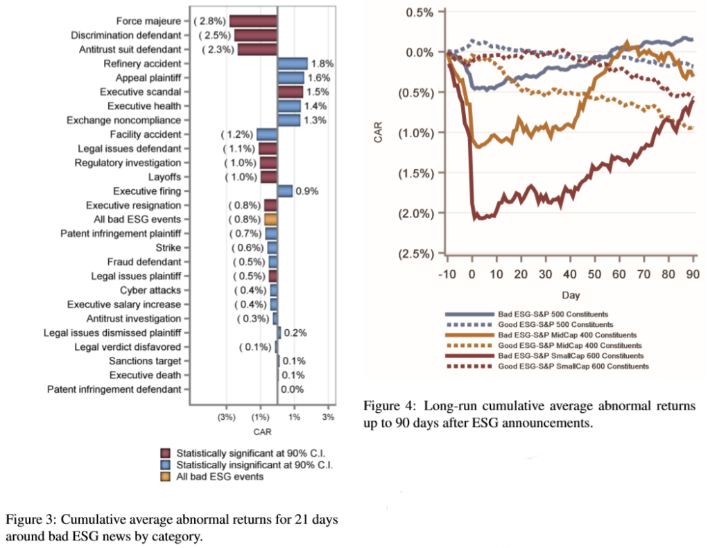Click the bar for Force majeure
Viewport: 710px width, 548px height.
click(x=253, y=21)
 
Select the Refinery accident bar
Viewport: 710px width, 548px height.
click(x=292, y=64)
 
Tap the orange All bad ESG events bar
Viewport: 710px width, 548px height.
click(x=271, y=220)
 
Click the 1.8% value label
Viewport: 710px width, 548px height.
click(x=322, y=64)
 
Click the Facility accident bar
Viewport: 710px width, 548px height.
click(x=267, y=134)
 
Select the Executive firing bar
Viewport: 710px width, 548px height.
click(x=285, y=191)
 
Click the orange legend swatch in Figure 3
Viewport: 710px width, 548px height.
click(x=166, y=477)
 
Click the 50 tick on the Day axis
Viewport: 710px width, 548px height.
click(x=595, y=273)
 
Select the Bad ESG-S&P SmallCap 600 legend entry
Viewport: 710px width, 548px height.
click(x=575, y=355)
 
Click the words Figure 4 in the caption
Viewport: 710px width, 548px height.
click(x=388, y=405)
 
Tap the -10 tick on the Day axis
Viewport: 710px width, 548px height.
click(x=447, y=273)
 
